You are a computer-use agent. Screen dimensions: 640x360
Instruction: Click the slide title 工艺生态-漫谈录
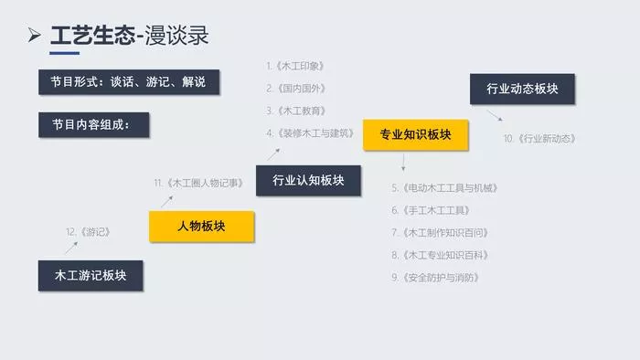click(130, 35)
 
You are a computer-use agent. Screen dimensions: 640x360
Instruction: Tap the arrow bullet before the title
click(35, 35)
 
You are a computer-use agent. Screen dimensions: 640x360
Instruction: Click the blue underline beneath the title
click(65, 53)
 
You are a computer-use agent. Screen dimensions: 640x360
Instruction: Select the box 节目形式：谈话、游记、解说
click(129, 82)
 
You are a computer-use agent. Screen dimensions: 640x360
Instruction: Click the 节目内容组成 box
click(94, 125)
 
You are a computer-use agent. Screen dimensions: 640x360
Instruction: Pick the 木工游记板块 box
click(91, 276)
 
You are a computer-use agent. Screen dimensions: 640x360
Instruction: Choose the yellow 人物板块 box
click(202, 227)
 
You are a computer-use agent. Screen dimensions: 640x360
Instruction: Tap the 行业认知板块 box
click(309, 181)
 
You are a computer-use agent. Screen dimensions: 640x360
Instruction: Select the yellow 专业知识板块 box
click(415, 135)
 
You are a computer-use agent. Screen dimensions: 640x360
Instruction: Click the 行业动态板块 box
click(522, 89)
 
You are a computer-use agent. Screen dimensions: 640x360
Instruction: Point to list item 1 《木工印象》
click(295, 66)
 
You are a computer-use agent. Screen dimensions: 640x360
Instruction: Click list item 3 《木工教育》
click(296, 111)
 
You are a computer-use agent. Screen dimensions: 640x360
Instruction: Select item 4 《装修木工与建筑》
click(310, 133)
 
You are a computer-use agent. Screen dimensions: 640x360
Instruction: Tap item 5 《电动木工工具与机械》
click(445, 188)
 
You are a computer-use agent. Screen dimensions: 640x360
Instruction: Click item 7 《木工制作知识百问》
click(440, 233)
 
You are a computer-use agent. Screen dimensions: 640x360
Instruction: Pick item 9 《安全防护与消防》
click(435, 278)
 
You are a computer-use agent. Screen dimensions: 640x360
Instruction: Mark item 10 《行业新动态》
click(539, 139)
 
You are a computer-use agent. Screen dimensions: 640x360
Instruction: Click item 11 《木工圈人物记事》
click(198, 183)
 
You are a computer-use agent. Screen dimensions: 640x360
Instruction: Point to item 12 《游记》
click(88, 232)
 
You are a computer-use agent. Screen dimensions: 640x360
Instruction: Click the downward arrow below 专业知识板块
click(403, 163)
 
